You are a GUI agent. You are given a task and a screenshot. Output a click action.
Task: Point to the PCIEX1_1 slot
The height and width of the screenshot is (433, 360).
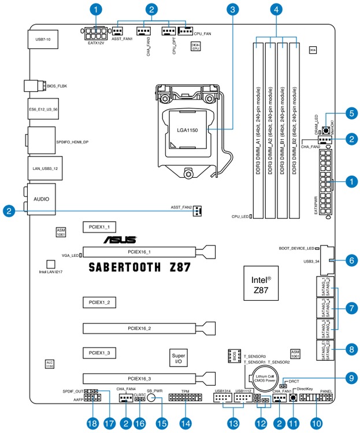click(x=99, y=227)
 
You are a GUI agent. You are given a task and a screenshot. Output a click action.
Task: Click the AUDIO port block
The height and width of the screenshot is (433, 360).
click(x=42, y=198)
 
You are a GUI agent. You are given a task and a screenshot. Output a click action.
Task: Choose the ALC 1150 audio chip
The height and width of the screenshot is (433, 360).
click(x=50, y=364)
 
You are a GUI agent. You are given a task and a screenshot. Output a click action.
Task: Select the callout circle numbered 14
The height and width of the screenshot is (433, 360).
click(x=185, y=423)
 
